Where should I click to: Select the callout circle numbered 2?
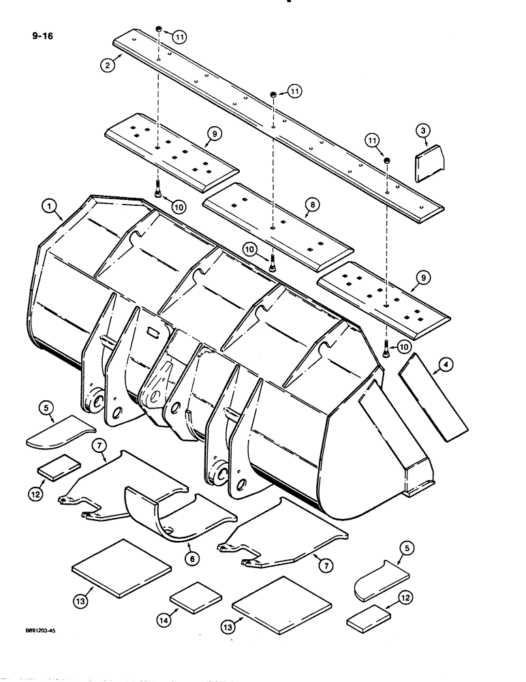click(107, 65)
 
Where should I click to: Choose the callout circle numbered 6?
click(192, 558)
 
